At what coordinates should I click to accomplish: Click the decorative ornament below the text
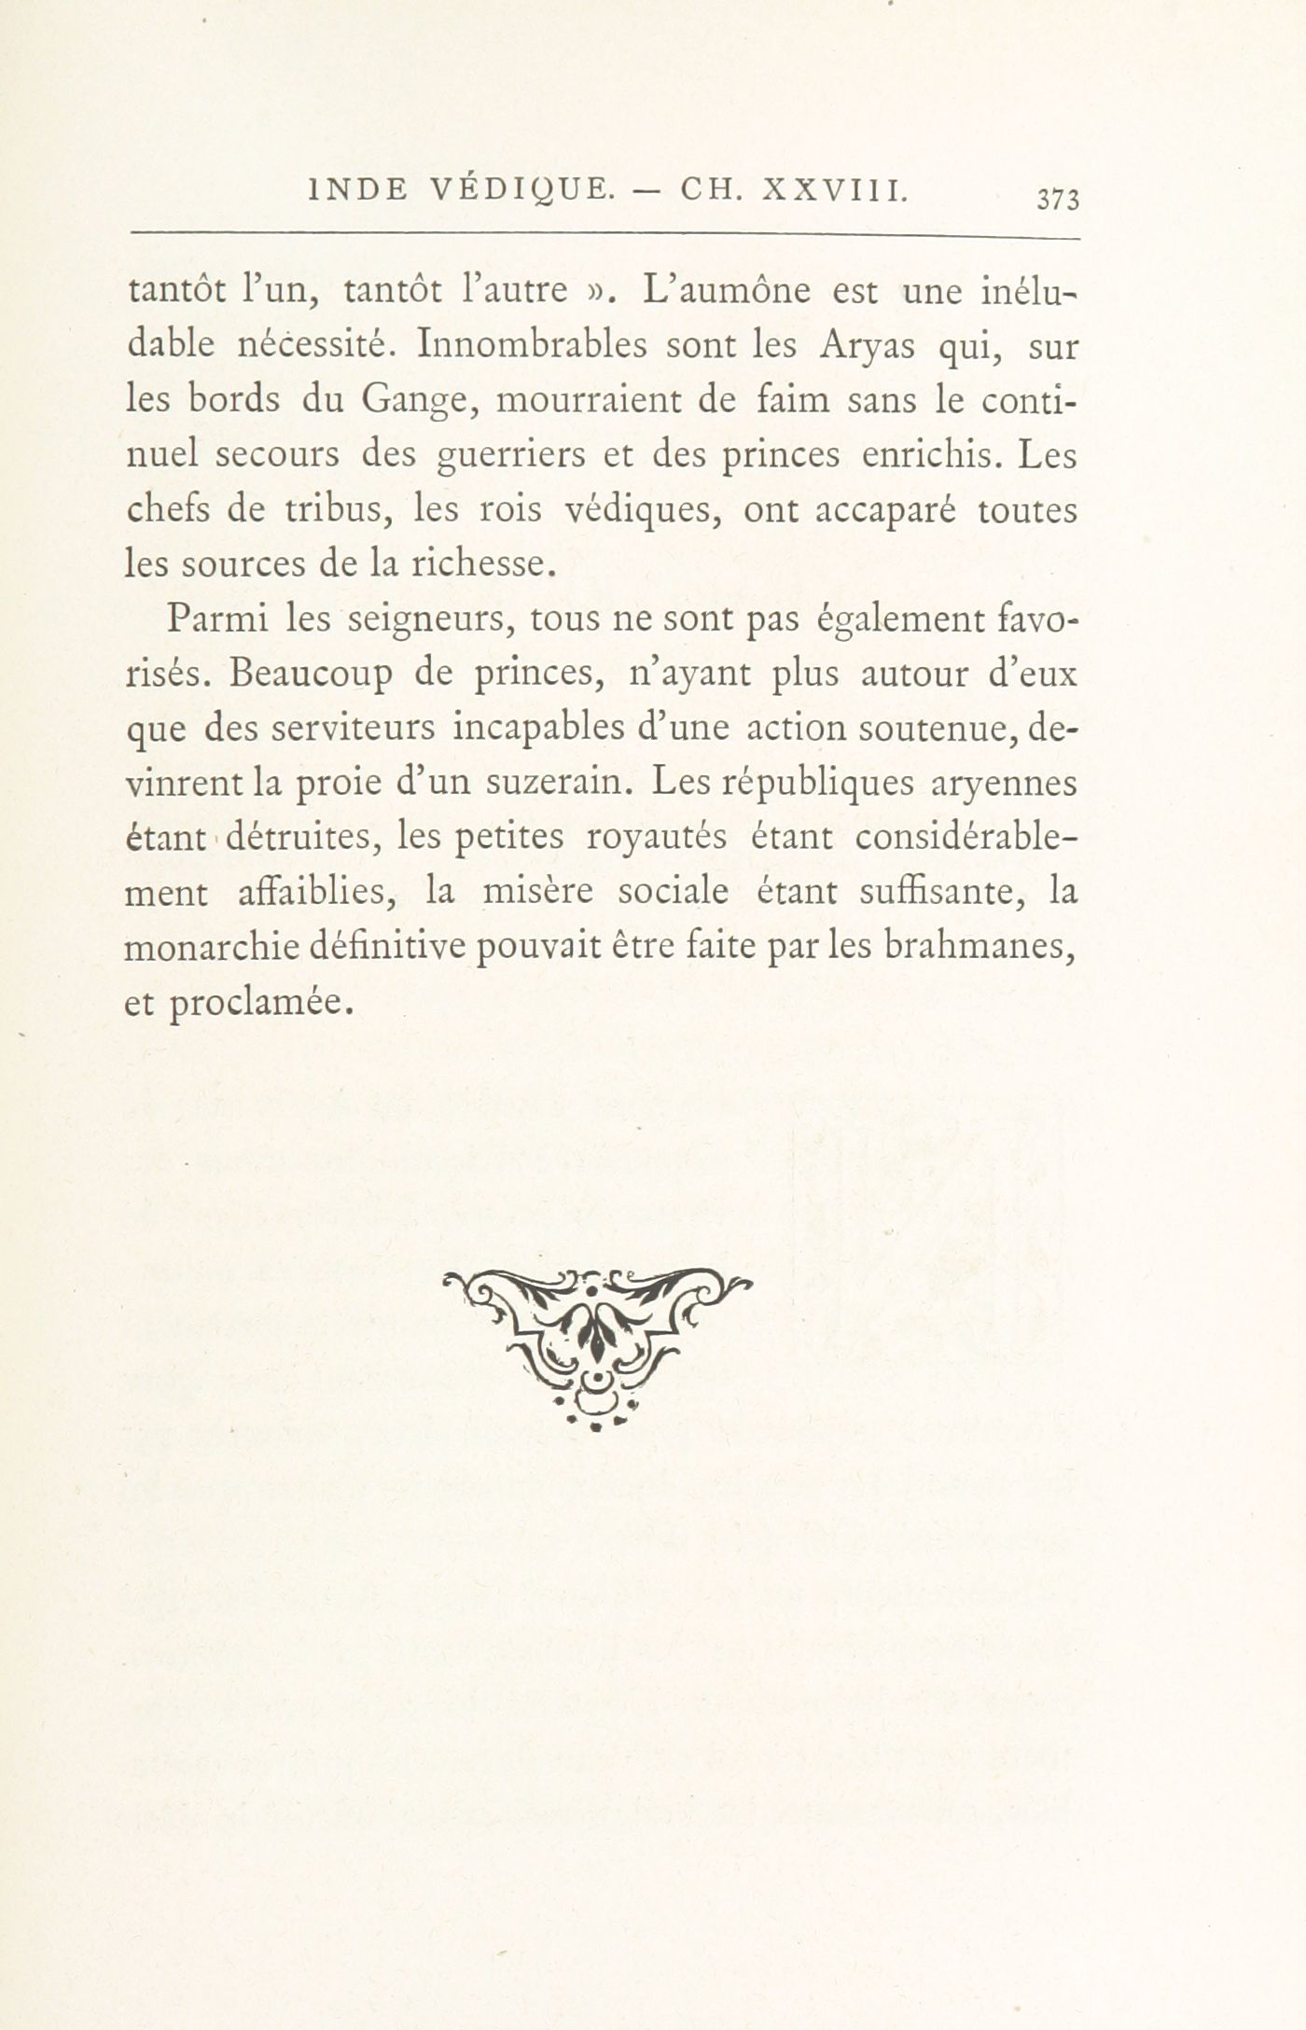pyautogui.click(x=596, y=1347)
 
